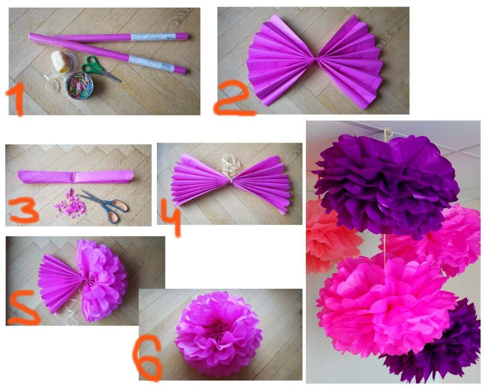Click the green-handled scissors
(97, 68)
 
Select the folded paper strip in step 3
(76, 177)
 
